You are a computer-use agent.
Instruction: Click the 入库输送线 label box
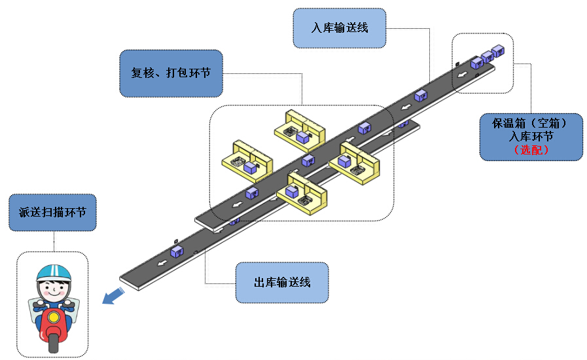339,28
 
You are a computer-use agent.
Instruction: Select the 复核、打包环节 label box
171,73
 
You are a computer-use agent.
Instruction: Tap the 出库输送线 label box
281,283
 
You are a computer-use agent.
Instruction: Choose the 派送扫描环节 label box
53,212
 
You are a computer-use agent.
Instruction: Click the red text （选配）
531,150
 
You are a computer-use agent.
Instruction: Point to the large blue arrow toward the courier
113,295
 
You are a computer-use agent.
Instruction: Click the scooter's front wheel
53,343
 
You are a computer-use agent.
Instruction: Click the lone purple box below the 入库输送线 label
421,96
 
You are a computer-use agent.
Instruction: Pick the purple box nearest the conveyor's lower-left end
176,251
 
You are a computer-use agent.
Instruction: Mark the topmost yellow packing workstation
299,130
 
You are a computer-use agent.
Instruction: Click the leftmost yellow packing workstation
247,160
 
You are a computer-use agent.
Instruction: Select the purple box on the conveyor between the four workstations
308,160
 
